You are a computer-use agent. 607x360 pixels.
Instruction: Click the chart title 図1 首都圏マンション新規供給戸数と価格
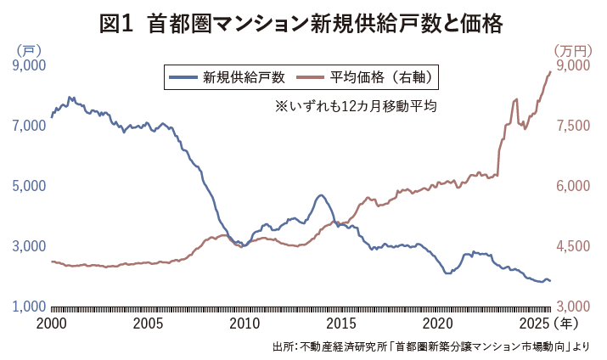pyautogui.click(x=303, y=24)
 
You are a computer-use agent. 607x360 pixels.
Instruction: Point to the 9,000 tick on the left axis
pyautogui.click(x=29, y=65)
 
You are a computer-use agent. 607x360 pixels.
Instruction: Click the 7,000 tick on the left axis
pyautogui.click(x=29, y=126)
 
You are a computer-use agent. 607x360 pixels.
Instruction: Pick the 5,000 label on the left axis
pyautogui.click(x=29, y=186)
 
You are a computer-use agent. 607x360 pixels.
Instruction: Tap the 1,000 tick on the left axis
pyautogui.click(x=29, y=306)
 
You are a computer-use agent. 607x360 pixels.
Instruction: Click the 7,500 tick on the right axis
pyautogui.click(x=570, y=126)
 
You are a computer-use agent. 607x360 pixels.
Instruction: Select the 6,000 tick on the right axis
pyautogui.click(x=570, y=186)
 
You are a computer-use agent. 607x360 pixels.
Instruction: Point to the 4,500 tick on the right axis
pyautogui.click(x=570, y=246)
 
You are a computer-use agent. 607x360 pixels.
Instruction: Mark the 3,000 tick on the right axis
pyautogui.click(x=570, y=306)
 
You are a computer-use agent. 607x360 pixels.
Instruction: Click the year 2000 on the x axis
pyautogui.click(x=52, y=323)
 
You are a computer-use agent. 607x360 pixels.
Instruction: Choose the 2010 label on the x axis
pyautogui.click(x=244, y=323)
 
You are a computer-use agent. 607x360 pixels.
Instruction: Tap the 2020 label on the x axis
pyautogui.click(x=437, y=323)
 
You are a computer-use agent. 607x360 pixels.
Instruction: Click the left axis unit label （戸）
pyautogui.click(x=26, y=49)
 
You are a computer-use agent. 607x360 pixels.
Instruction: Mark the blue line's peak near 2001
pyautogui.click(x=70, y=98)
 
